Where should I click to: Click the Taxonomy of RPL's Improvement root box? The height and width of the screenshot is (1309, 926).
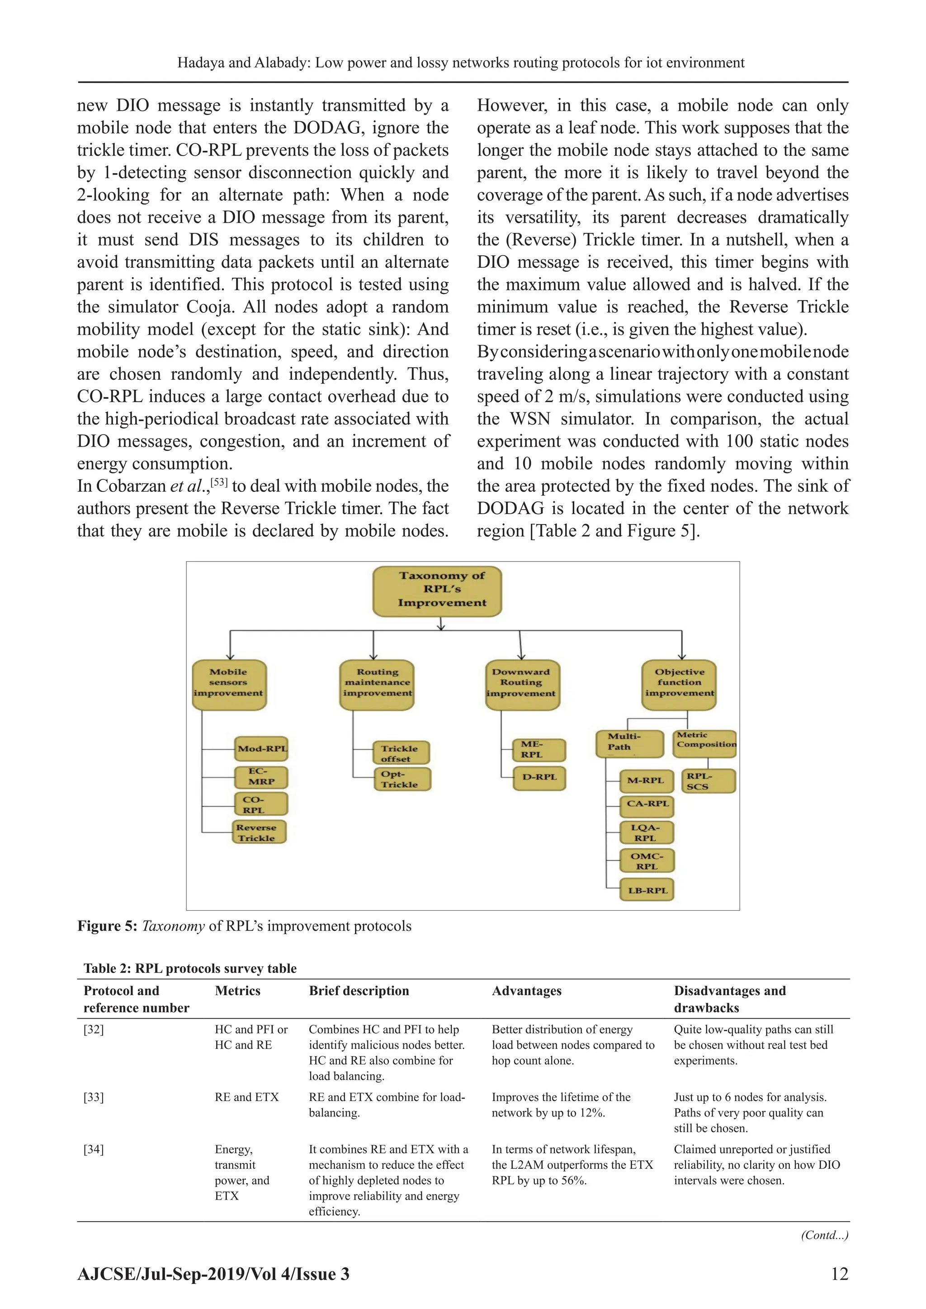click(437, 591)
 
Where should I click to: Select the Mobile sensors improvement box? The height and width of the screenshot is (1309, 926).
click(229, 684)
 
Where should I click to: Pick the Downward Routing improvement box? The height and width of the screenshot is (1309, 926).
click(522, 684)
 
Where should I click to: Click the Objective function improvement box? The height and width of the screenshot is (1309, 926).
click(679, 684)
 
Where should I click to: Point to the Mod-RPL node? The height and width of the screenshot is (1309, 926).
click(262, 749)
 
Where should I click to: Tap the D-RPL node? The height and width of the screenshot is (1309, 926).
click(539, 778)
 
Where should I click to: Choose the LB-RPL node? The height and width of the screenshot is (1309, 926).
click(647, 890)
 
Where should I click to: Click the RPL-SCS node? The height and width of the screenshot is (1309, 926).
click(708, 781)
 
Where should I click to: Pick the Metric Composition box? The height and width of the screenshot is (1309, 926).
click(705, 743)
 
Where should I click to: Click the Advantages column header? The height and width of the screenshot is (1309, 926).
click(526, 991)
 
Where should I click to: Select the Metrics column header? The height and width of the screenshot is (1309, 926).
click(237, 991)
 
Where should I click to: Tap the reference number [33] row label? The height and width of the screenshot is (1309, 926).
click(94, 1097)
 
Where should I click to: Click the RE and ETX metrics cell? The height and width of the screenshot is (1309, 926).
click(246, 1097)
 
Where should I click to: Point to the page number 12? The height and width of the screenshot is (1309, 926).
click(839, 1274)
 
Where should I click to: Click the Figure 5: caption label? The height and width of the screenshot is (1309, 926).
click(107, 926)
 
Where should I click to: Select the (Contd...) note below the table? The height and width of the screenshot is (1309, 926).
click(825, 1235)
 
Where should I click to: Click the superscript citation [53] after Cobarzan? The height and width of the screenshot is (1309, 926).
click(219, 482)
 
